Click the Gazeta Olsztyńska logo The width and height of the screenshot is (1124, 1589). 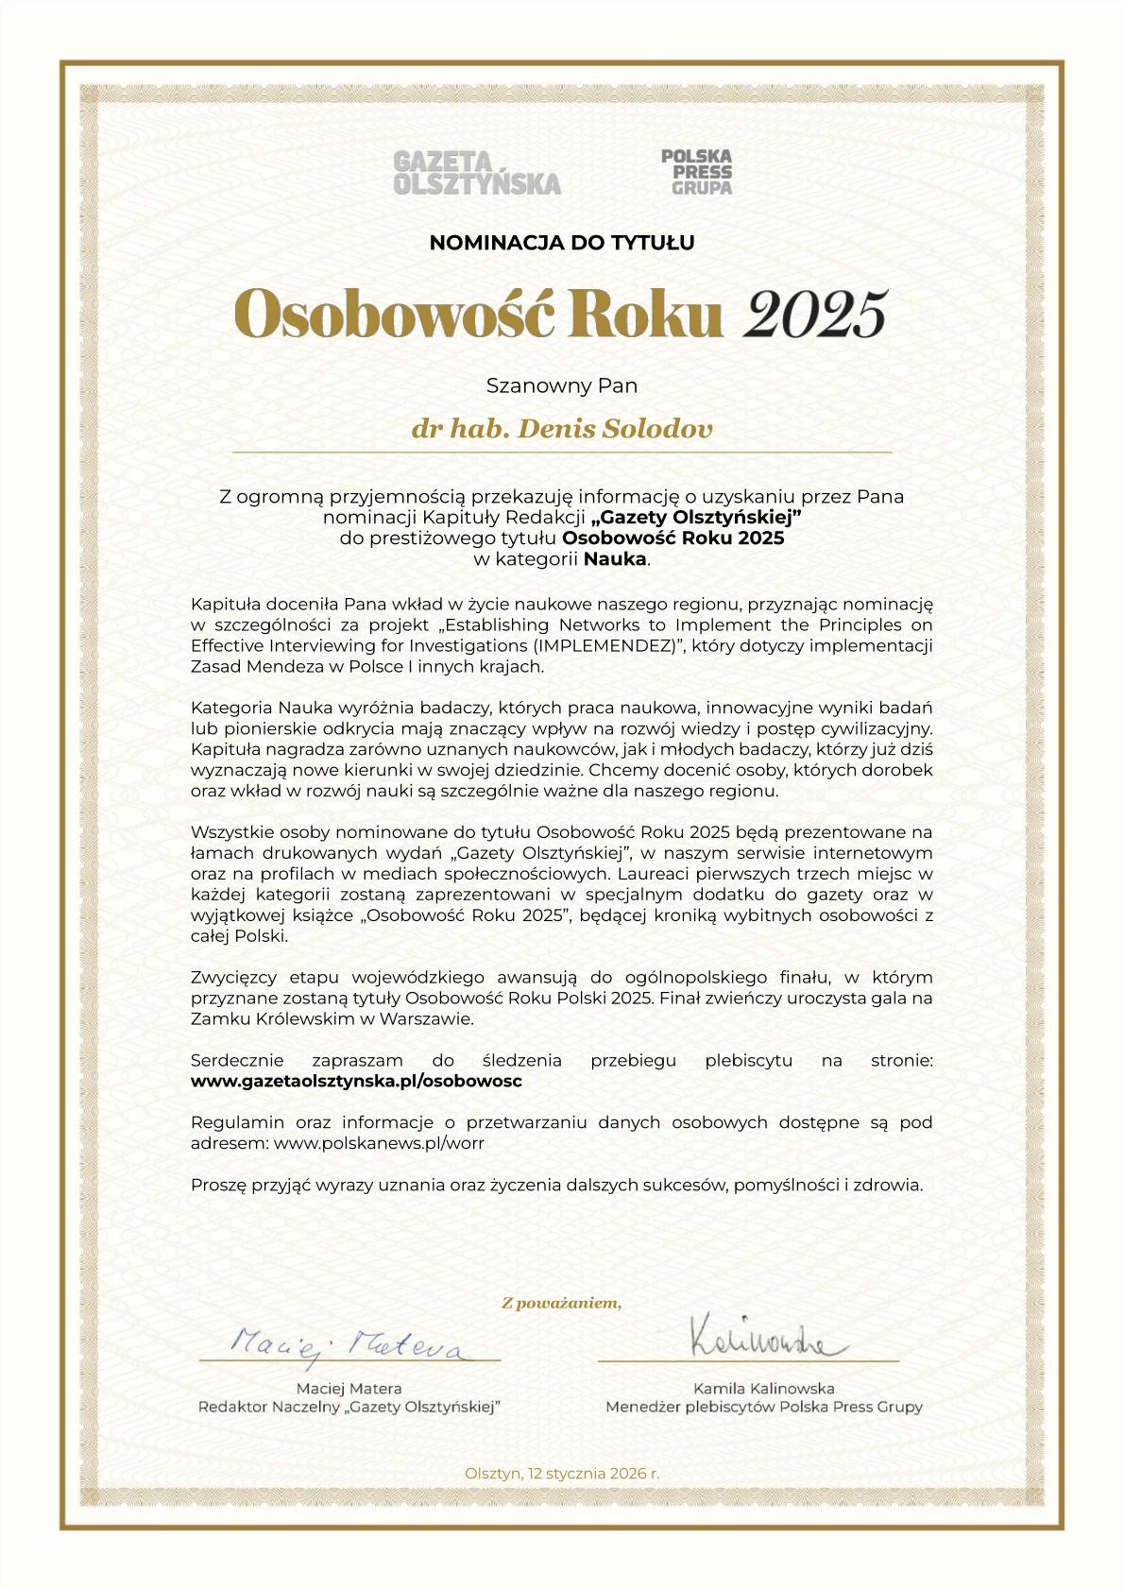point(477,173)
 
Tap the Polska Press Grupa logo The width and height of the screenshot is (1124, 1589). point(696,171)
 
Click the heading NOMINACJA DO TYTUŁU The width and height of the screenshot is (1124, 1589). point(562,243)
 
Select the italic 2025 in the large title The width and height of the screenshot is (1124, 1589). point(815,315)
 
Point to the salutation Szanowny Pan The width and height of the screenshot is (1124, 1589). point(562,385)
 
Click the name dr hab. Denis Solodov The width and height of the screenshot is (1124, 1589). point(562,429)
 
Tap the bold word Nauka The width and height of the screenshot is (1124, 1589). point(615,559)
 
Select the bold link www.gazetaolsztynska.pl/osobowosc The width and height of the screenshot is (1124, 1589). point(356,1081)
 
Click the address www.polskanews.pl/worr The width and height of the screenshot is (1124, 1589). point(379,1143)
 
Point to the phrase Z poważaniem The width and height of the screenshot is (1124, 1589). point(562,1304)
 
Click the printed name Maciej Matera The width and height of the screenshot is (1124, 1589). point(349,1389)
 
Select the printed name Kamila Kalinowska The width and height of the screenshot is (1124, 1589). point(763,1389)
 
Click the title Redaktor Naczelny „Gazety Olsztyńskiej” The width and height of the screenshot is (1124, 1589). point(349,1408)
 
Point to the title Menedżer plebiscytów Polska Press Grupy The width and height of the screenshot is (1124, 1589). point(763,1408)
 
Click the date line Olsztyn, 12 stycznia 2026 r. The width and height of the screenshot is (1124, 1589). point(562,1474)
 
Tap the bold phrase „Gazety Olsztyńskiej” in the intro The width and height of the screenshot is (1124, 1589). point(696,518)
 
